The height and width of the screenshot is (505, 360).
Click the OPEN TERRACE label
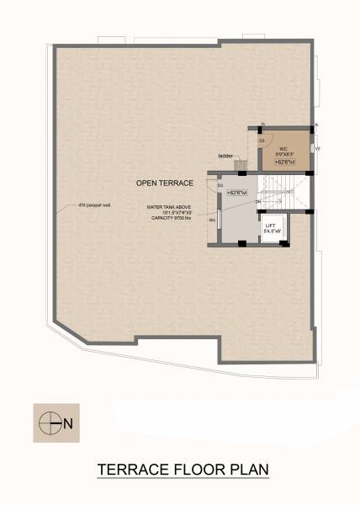[x=165, y=183]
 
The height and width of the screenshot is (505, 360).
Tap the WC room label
[x=283, y=148]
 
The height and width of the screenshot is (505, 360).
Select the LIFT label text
[x=270, y=226]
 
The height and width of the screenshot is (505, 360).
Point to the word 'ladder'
[x=225, y=156]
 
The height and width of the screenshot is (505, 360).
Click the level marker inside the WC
[x=284, y=161]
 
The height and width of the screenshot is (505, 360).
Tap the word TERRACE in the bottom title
[x=138, y=469]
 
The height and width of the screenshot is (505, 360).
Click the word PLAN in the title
[x=246, y=469]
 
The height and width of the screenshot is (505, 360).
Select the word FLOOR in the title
[x=199, y=469]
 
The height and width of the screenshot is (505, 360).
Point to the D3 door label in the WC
[x=262, y=141]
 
